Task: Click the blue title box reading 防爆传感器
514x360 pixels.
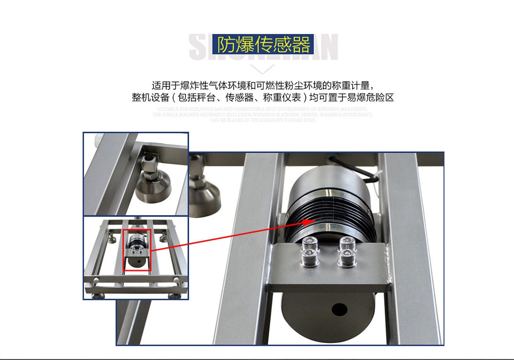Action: coord(264,45)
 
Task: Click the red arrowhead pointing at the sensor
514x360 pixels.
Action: coord(307,222)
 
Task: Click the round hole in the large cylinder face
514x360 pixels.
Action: coord(340,308)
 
